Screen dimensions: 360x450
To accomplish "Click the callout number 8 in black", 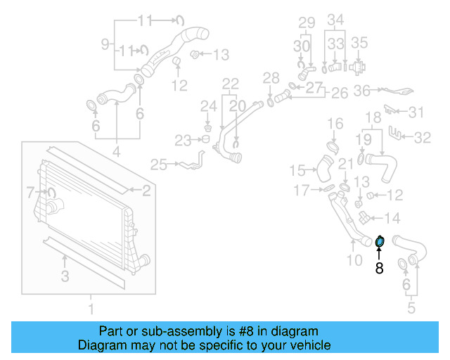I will click(379, 268).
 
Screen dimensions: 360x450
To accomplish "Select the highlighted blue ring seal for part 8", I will click(380, 242).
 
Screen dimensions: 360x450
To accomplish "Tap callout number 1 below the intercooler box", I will click(90, 308).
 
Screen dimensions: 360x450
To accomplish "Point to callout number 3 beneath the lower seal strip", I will click(65, 277).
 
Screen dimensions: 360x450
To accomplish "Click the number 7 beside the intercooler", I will click(30, 191).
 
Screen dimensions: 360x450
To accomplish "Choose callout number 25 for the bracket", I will click(158, 165).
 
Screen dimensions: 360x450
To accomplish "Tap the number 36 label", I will click(362, 90).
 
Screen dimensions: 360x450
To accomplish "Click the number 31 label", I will click(417, 112).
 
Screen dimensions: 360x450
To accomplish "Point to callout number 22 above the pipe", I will click(231, 84).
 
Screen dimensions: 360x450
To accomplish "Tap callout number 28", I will click(271, 77).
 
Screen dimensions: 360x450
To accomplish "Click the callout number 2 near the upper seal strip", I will click(146, 189).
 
